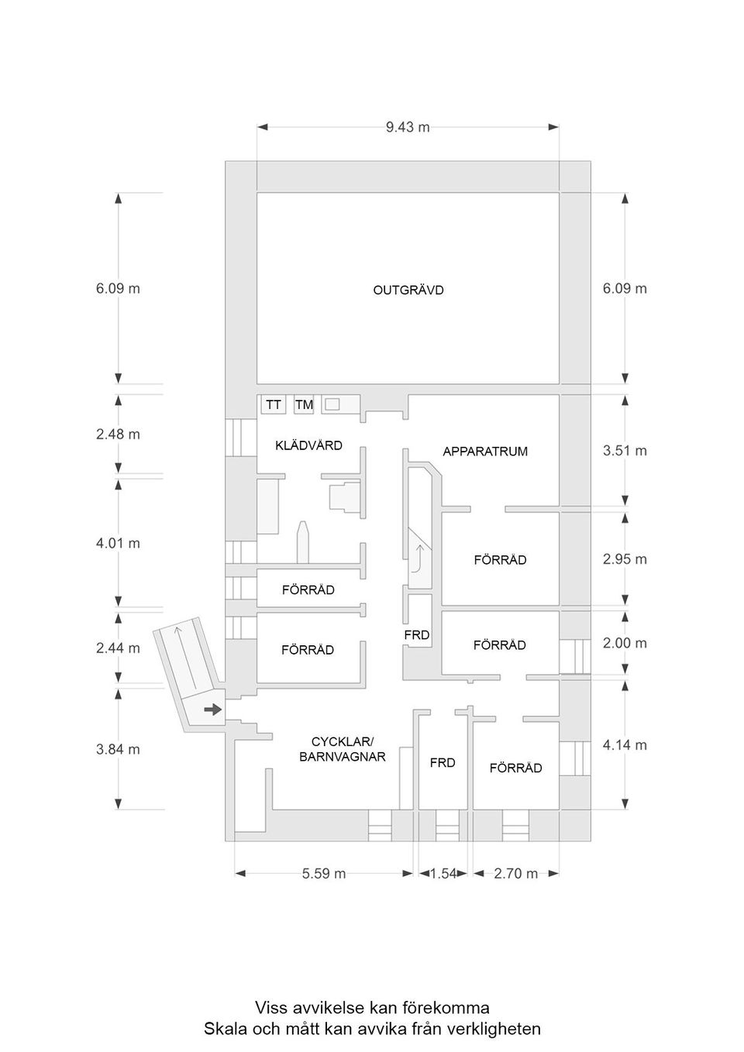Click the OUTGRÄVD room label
coord(408,291)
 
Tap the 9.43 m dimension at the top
coord(408,127)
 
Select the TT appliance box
coord(273,404)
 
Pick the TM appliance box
coord(304,404)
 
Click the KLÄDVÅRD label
coord(308,445)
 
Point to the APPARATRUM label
coord(485,452)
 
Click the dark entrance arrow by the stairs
coord(212,710)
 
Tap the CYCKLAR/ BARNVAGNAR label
coord(342,749)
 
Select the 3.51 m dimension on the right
coord(625,451)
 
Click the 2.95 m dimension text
coord(625,559)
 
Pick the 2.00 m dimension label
coord(625,643)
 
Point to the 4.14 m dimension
coord(625,745)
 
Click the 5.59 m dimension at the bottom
coord(324,874)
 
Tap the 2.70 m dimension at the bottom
coord(515,874)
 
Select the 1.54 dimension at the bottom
coord(443,874)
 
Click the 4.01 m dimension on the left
coord(118,544)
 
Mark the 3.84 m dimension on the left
coord(118,750)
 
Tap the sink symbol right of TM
coord(332,404)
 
